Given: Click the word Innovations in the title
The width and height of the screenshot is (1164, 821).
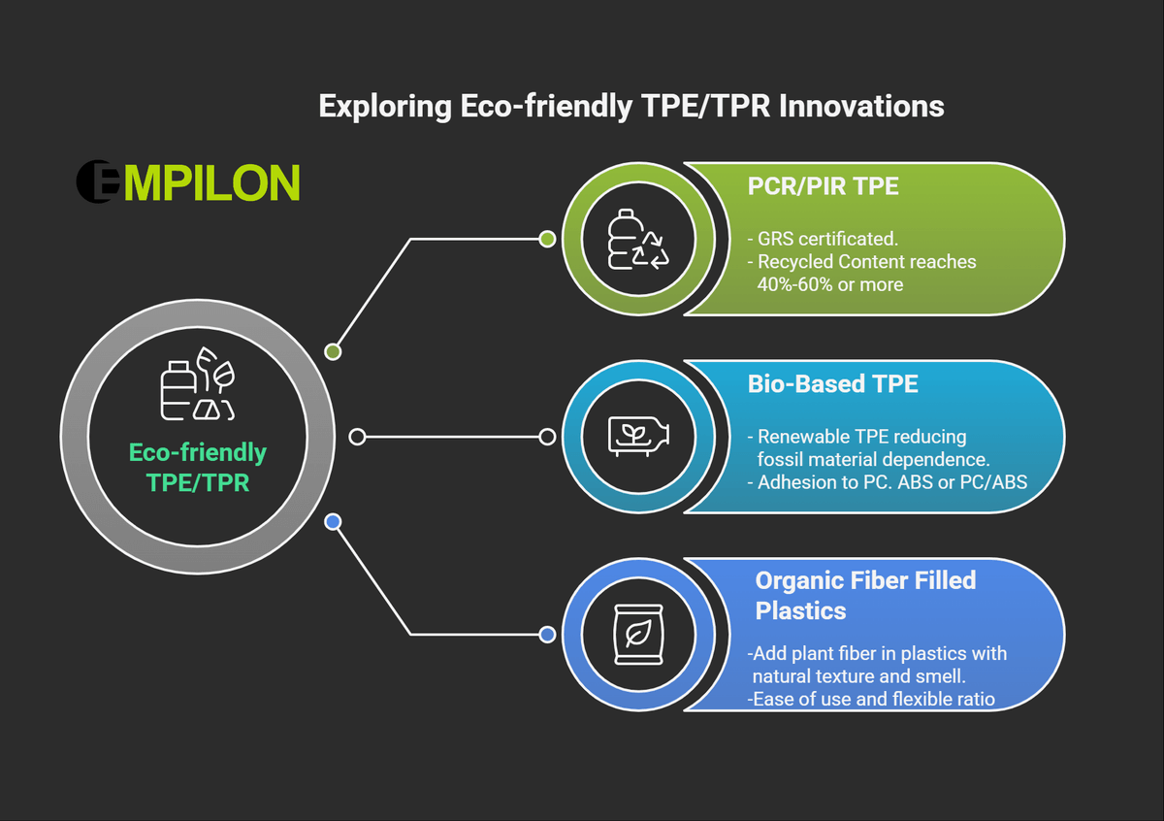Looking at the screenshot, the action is tap(861, 106).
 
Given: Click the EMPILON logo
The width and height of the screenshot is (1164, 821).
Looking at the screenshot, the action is tap(188, 181).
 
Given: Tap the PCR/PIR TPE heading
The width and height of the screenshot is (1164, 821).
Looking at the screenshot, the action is tap(824, 186).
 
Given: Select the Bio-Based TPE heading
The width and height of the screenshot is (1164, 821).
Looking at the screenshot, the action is tap(832, 383).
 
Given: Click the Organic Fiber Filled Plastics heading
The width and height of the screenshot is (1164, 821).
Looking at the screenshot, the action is tap(865, 595).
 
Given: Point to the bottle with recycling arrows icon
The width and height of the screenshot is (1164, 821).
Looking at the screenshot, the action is tap(638, 239).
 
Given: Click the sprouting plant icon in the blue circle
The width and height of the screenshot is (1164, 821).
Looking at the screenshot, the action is tap(638, 437).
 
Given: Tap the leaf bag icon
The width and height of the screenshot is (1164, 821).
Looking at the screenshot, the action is tap(638, 635).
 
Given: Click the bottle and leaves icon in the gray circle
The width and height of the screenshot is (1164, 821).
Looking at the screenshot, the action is tap(198, 383).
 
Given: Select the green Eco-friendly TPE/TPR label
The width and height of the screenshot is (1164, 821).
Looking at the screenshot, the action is tap(198, 468).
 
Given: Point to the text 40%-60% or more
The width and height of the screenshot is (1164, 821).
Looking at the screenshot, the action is tap(830, 284).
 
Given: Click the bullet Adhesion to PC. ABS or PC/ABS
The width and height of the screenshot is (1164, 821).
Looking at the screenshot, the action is tap(887, 482).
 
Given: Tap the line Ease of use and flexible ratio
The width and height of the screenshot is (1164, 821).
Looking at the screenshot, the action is tap(871, 699).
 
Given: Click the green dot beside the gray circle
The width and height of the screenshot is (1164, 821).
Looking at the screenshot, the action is tap(333, 352).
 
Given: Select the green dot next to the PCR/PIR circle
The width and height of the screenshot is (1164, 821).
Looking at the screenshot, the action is tap(547, 239).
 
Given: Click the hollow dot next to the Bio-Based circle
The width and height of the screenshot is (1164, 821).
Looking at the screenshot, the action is tap(547, 437).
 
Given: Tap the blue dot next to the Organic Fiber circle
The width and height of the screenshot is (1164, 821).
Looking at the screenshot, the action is tap(547, 635).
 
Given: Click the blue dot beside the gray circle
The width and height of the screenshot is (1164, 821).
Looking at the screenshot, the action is tap(333, 521).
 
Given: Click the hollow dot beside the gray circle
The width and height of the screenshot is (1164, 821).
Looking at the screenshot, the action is tap(357, 437).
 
